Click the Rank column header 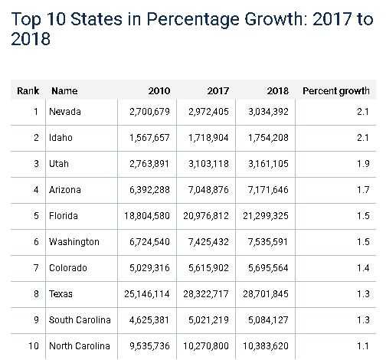pos(28,91)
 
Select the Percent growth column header pos(335,91)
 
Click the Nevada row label pos(64,112)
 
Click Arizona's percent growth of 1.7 pos(363,190)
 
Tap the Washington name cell pos(74,242)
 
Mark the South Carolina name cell pos(79,320)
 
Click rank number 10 pos(33,346)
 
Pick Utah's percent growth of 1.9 pos(363,164)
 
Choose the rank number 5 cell pos(35,216)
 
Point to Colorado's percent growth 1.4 pos(363,268)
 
